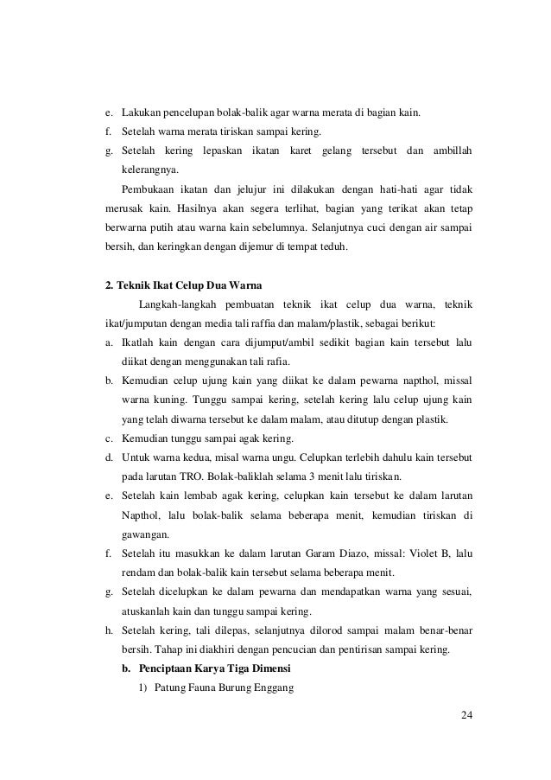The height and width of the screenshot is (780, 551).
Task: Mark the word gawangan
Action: tap(148, 534)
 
